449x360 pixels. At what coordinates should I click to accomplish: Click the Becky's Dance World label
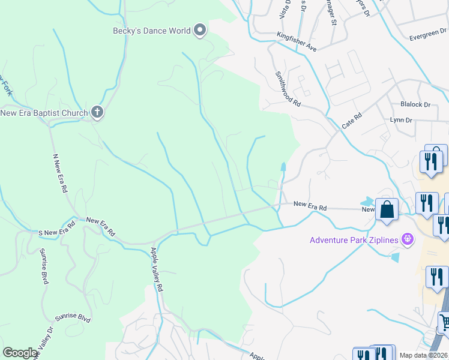pos(152,31)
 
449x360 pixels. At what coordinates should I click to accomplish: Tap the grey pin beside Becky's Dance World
pos(200,31)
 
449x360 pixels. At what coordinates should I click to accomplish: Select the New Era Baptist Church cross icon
pos(97,112)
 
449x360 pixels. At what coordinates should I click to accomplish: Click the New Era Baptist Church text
pos(44,112)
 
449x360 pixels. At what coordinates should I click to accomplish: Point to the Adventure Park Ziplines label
pos(355,240)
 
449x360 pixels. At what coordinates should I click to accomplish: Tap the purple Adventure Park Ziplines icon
pos(408,239)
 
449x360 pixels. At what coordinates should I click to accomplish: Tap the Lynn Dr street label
pos(401,120)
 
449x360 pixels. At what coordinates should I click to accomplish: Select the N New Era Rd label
pos(59,173)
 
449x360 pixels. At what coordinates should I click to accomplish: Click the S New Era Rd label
pos(56,228)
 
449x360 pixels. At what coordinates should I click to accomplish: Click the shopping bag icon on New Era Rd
pos(387,210)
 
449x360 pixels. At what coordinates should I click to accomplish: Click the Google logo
pos(20,353)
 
